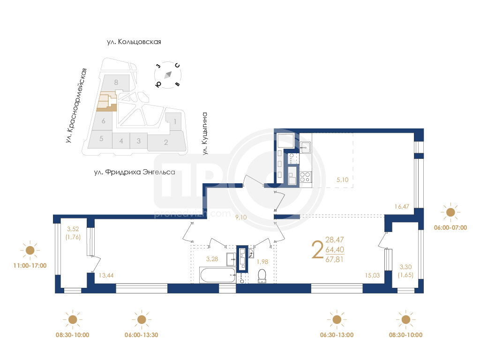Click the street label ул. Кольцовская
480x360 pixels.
pyautogui.click(x=134, y=42)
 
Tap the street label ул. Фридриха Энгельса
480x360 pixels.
pyautogui.click(x=135, y=172)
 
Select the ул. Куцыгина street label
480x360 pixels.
pyautogui.click(x=205, y=134)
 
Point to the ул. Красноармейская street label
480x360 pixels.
pyautogui.click(x=76, y=105)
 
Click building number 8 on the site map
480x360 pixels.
pyautogui.click(x=116, y=82)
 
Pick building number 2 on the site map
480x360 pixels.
pyautogui.click(x=166, y=142)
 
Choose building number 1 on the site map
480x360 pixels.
pyautogui.click(x=175, y=122)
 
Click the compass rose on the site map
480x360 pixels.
pyautogui.click(x=168, y=75)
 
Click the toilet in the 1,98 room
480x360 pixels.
pyautogui.click(x=262, y=276)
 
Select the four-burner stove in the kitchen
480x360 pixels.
pyautogui.click(x=305, y=177)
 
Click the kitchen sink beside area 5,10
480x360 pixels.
pyautogui.click(x=305, y=148)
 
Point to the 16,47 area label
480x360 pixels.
pyautogui.click(x=402, y=207)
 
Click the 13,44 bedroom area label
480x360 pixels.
pyautogui.click(x=106, y=276)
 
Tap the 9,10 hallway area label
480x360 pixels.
pyautogui.click(x=241, y=217)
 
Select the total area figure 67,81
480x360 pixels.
pyautogui.click(x=334, y=260)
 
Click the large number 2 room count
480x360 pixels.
pyautogui.click(x=317, y=250)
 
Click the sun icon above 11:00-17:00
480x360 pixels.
pyautogui.click(x=30, y=250)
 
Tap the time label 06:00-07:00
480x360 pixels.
pyautogui.click(x=450, y=227)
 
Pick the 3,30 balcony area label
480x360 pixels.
pyautogui.click(x=405, y=267)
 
